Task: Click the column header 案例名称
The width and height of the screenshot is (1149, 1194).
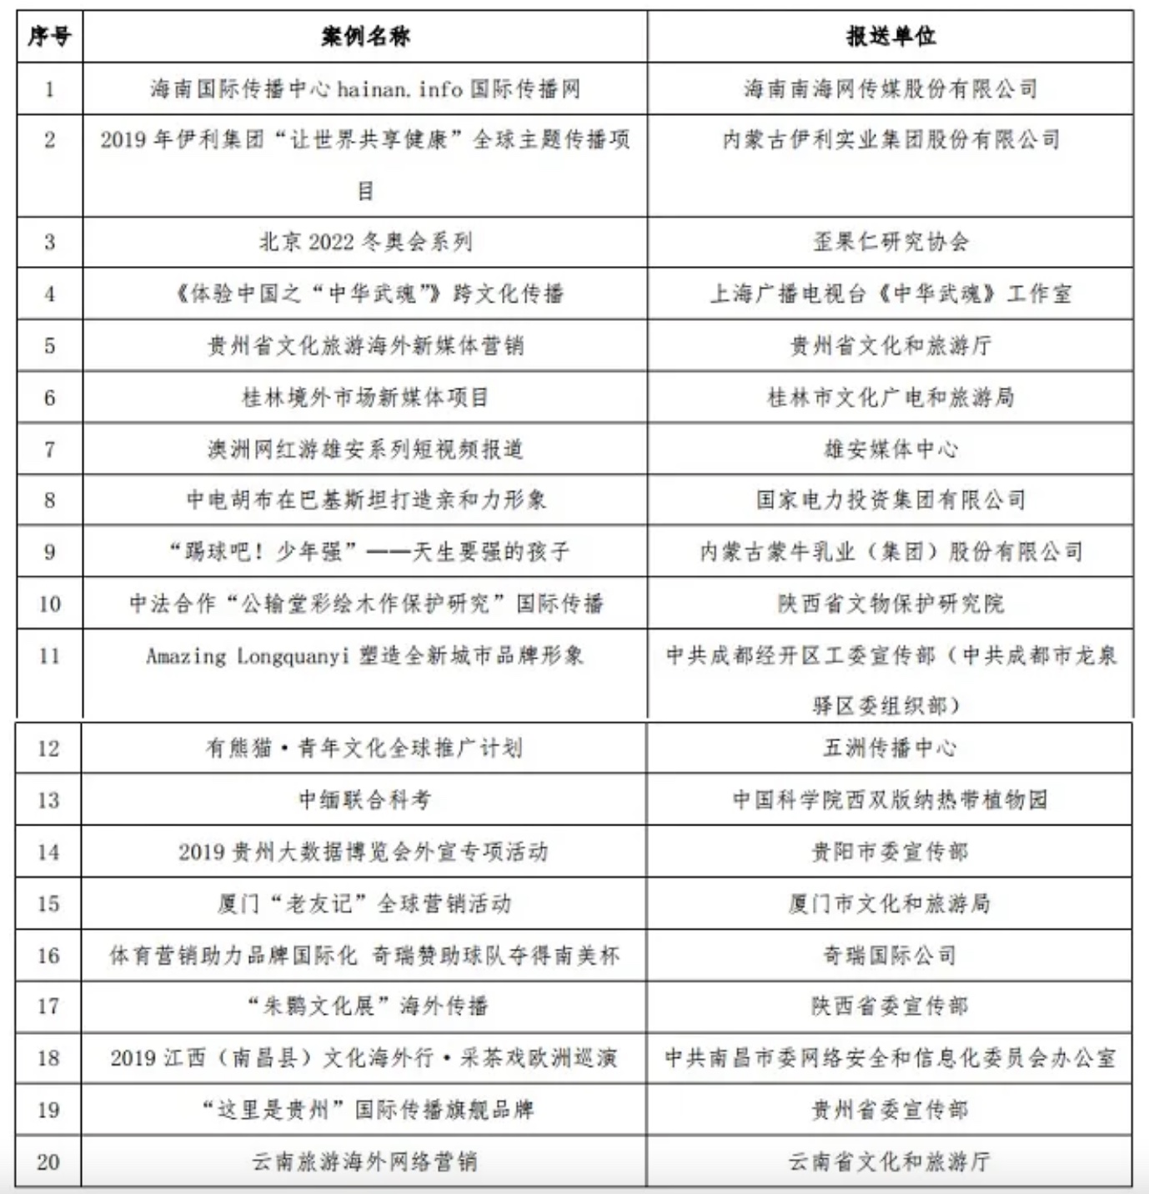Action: (x=365, y=37)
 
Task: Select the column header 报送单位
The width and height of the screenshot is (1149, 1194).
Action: (x=891, y=37)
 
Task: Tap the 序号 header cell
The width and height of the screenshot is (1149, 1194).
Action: (x=50, y=37)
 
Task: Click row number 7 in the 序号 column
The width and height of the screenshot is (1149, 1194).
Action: (x=50, y=449)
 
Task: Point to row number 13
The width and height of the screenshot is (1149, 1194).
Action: (x=48, y=800)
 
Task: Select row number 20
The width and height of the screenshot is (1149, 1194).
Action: (x=48, y=1161)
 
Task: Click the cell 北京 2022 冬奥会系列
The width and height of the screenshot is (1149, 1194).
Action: (x=365, y=243)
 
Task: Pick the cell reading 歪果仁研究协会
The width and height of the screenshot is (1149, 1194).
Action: (x=891, y=243)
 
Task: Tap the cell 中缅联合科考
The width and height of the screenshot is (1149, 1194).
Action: (x=365, y=800)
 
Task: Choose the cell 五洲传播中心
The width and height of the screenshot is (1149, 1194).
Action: (x=890, y=748)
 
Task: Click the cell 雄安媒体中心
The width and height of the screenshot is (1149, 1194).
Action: (x=891, y=449)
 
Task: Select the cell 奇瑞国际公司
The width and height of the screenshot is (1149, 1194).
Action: (x=890, y=956)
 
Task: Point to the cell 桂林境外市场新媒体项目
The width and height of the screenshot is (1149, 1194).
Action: (x=365, y=398)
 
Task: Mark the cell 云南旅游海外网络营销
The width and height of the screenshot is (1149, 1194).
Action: (x=365, y=1161)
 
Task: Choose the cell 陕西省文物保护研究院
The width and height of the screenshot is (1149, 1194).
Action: (x=891, y=604)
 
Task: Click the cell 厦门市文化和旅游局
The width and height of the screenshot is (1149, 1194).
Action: (x=890, y=904)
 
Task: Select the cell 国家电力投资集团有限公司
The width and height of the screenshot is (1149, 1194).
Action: (x=891, y=500)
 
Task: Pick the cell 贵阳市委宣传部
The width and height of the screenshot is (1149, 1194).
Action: (x=890, y=852)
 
